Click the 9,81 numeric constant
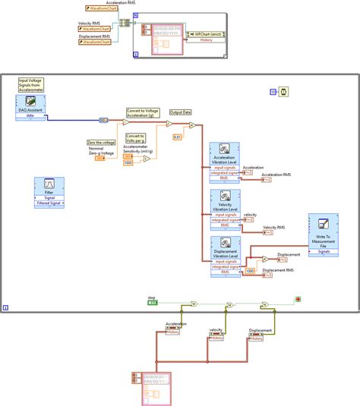(x=177, y=137)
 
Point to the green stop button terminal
(x=153, y=302)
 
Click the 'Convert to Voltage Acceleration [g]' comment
(x=144, y=113)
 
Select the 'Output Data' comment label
(x=180, y=112)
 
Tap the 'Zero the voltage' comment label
(x=101, y=142)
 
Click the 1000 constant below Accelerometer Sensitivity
(x=127, y=162)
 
